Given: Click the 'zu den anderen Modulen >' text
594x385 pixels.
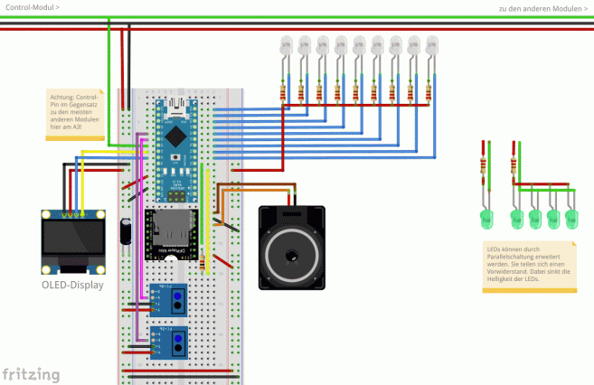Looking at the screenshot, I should pos(542,8).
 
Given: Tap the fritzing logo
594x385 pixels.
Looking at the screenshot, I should pos(31,373).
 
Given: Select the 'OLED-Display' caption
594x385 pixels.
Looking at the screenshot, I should pos(71,285).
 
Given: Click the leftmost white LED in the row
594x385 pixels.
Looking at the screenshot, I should pos(284,45).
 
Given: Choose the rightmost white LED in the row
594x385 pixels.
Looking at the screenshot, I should pos(432,45).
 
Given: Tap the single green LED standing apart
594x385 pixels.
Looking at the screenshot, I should pos(486,217).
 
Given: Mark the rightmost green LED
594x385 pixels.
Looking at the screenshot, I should pos(570,217).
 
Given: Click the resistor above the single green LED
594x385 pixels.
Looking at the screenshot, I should pos(485,164).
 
